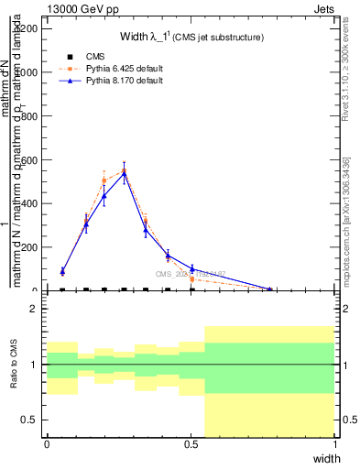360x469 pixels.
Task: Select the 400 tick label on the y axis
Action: coord(29,203)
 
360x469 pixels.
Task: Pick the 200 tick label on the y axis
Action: coord(29,247)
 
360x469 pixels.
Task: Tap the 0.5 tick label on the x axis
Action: coord(191,444)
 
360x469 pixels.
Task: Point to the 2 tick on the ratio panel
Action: coord(34,309)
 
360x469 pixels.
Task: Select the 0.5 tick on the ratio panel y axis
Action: coord(30,420)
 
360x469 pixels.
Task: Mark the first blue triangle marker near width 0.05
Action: coord(62,271)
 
